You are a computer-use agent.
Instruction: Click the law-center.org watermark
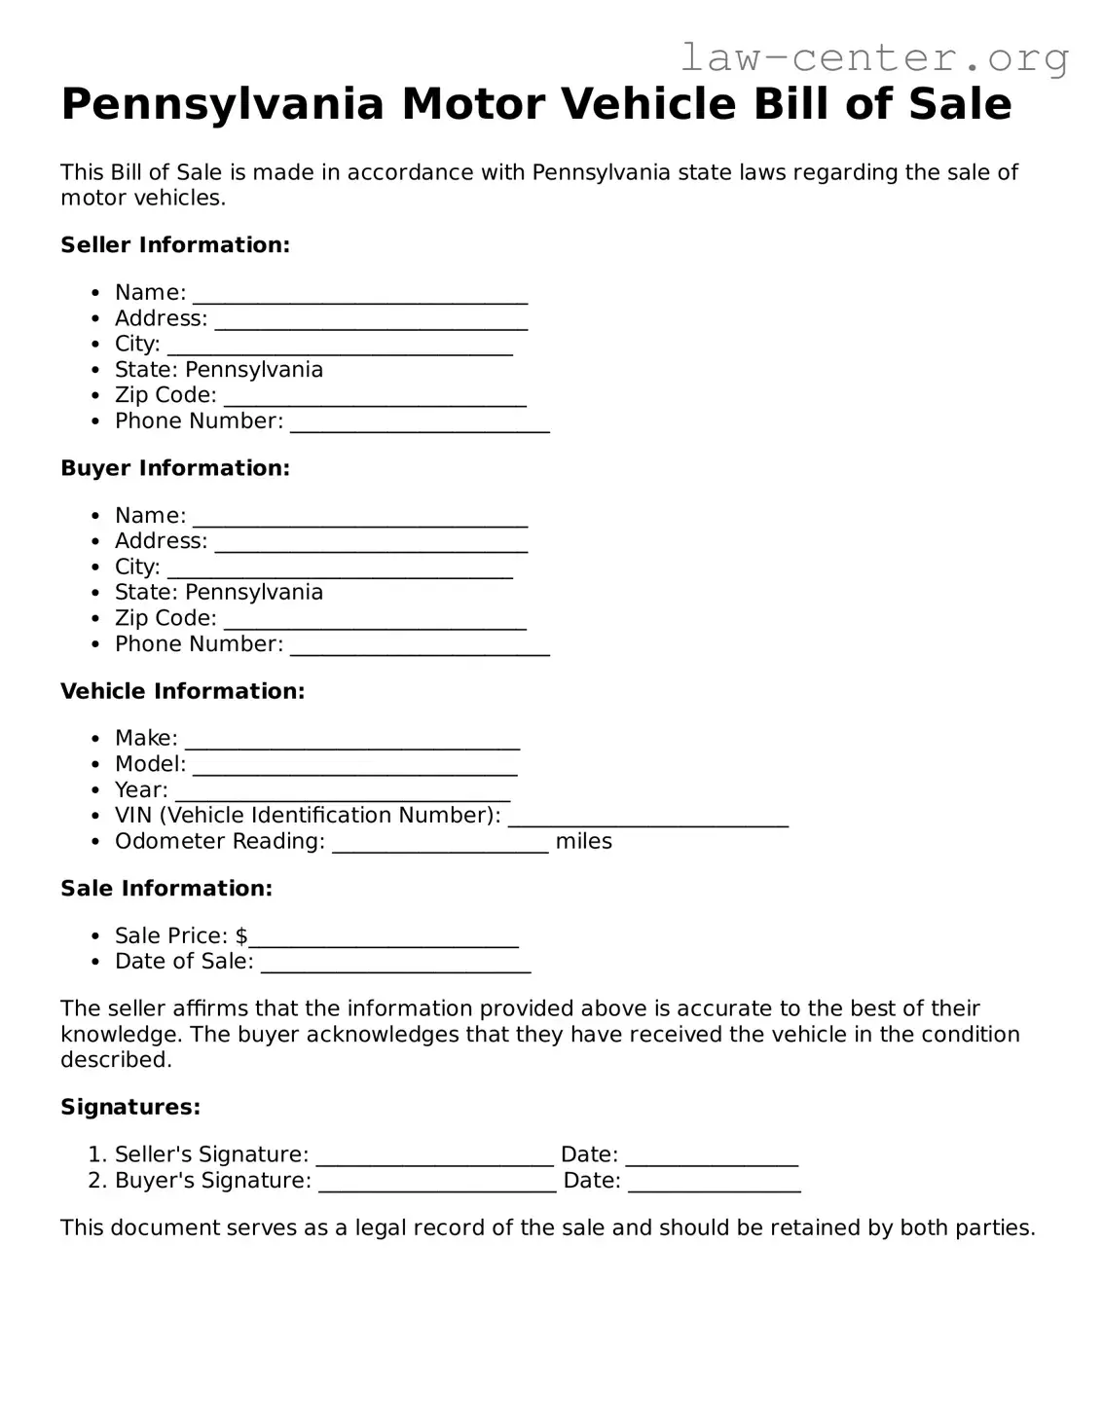[873, 58]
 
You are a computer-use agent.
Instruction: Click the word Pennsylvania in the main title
[222, 104]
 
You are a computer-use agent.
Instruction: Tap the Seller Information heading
[175, 245]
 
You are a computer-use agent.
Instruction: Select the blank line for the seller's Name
[360, 295]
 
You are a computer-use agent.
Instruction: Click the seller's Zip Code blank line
[375, 398]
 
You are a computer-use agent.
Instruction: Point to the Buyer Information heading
[175, 468]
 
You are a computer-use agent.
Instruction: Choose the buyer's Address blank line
[371, 544]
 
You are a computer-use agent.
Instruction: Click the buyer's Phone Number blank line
[420, 647]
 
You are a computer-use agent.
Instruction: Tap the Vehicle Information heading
[182, 691]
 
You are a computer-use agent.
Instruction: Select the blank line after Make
[352, 741]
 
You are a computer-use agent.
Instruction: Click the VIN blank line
[647, 819]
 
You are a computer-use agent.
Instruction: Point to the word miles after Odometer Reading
[583, 842]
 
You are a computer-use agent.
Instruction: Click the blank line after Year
[343, 792]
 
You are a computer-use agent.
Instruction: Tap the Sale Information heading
[166, 889]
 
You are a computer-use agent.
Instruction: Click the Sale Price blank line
[384, 939]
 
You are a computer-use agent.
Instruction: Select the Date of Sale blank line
[396, 965]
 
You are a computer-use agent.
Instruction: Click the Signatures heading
[130, 1108]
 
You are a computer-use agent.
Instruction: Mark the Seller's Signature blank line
[435, 1157]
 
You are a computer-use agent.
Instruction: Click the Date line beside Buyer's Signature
[714, 1184]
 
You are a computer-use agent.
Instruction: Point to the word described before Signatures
[116, 1060]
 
